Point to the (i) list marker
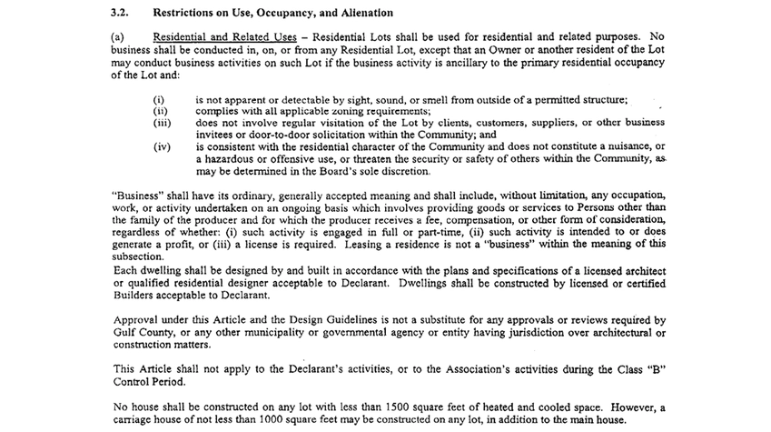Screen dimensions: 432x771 (158, 98)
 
